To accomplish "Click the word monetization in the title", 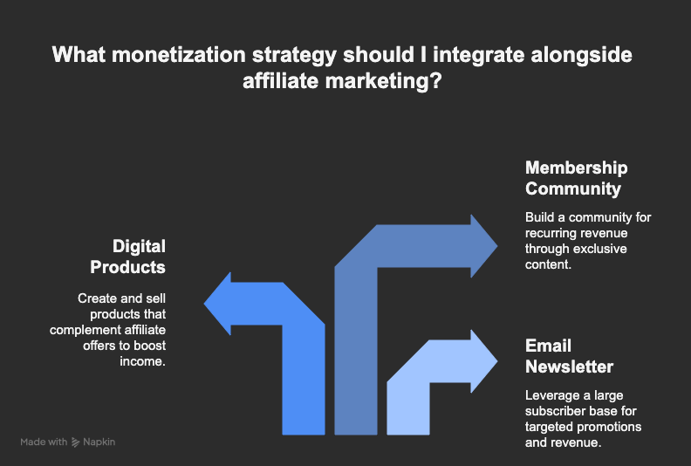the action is click(x=179, y=55).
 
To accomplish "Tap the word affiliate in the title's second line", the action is click(x=281, y=81).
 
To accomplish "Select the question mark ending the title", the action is click(x=436, y=81).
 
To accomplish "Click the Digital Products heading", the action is click(x=127, y=257).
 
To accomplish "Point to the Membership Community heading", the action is click(x=577, y=178).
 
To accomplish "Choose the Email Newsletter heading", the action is click(x=569, y=356).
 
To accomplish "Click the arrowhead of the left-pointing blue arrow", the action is click(x=217, y=304).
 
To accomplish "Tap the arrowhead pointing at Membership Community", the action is click(x=484, y=246).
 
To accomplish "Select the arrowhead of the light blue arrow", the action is click(x=484, y=361).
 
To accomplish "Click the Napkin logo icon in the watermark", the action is click(x=75, y=442).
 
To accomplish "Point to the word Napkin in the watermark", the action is click(x=99, y=442).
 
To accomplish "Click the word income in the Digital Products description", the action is click(x=142, y=361).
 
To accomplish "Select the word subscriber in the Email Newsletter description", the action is click(x=553, y=411).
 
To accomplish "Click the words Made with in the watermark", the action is click(x=44, y=442).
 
